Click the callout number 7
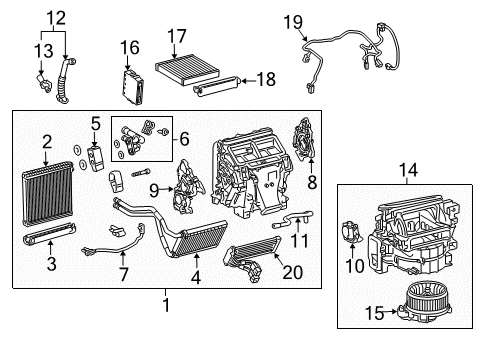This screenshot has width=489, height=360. [x=123, y=273]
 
